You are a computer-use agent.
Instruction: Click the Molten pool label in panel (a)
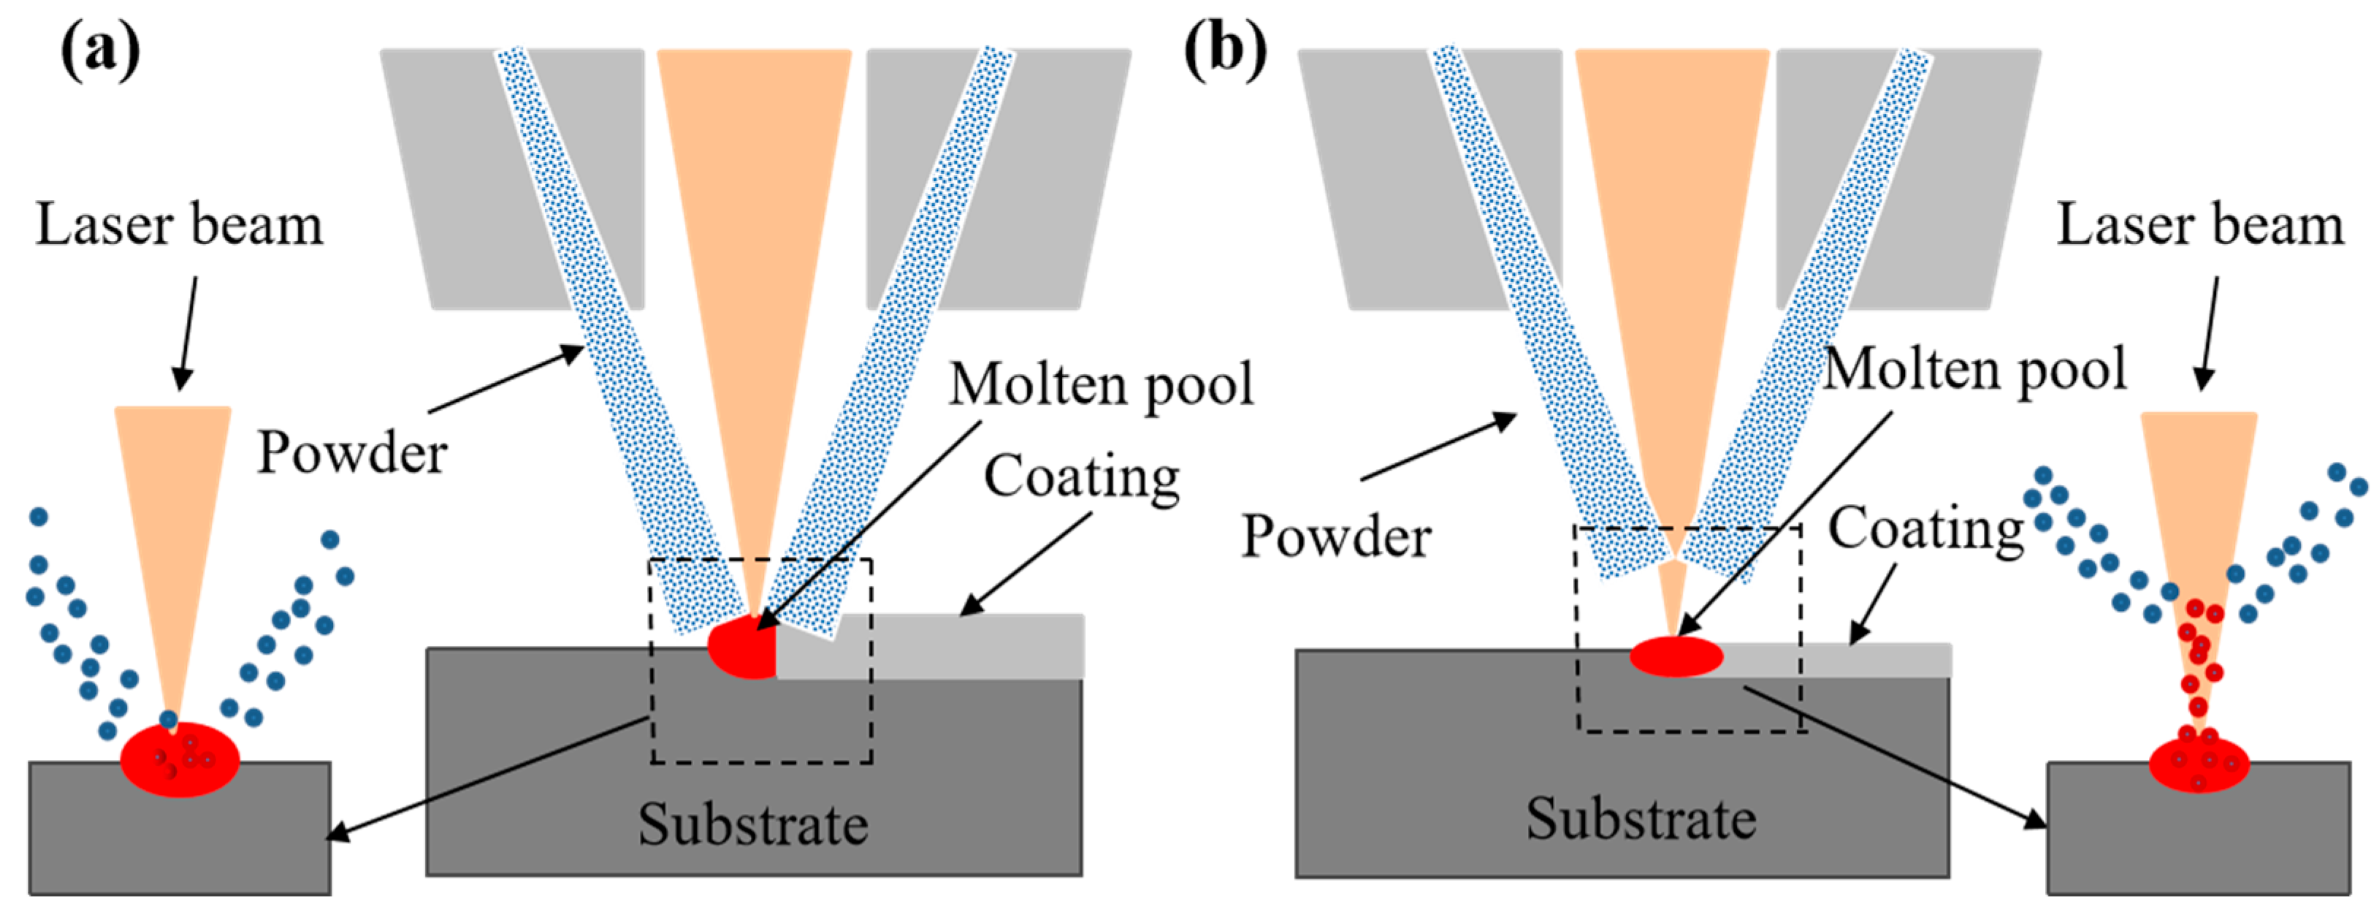tap(1101, 384)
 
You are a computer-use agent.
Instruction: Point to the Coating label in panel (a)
tap(1080, 476)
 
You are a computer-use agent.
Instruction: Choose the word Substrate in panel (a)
tap(752, 824)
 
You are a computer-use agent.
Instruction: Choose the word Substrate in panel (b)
tap(1641, 818)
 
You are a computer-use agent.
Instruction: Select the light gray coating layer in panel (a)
tap(970, 647)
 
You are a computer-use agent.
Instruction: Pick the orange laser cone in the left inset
tap(172, 517)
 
